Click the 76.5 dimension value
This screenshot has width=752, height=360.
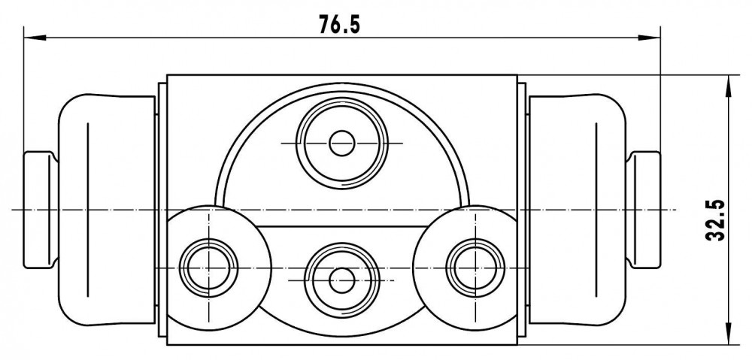339,24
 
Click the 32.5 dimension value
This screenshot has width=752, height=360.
715,220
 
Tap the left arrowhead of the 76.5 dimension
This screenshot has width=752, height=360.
35,38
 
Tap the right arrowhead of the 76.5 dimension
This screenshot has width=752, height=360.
650,38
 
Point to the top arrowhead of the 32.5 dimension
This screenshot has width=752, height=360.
729,86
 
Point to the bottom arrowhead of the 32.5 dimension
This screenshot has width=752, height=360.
729,333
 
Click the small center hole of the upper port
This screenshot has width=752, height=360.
342,143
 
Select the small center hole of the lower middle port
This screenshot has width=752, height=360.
342,280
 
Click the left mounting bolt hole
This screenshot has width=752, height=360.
208,268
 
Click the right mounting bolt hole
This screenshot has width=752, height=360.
475,268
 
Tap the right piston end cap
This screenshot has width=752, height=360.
644,210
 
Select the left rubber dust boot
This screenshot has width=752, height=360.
107,210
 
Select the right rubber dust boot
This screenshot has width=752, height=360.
578,210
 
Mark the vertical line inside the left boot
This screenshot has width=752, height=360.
88,210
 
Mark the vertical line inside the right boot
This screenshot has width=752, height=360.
596,210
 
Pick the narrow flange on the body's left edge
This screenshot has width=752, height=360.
162,210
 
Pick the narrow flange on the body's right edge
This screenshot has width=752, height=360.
522,210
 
